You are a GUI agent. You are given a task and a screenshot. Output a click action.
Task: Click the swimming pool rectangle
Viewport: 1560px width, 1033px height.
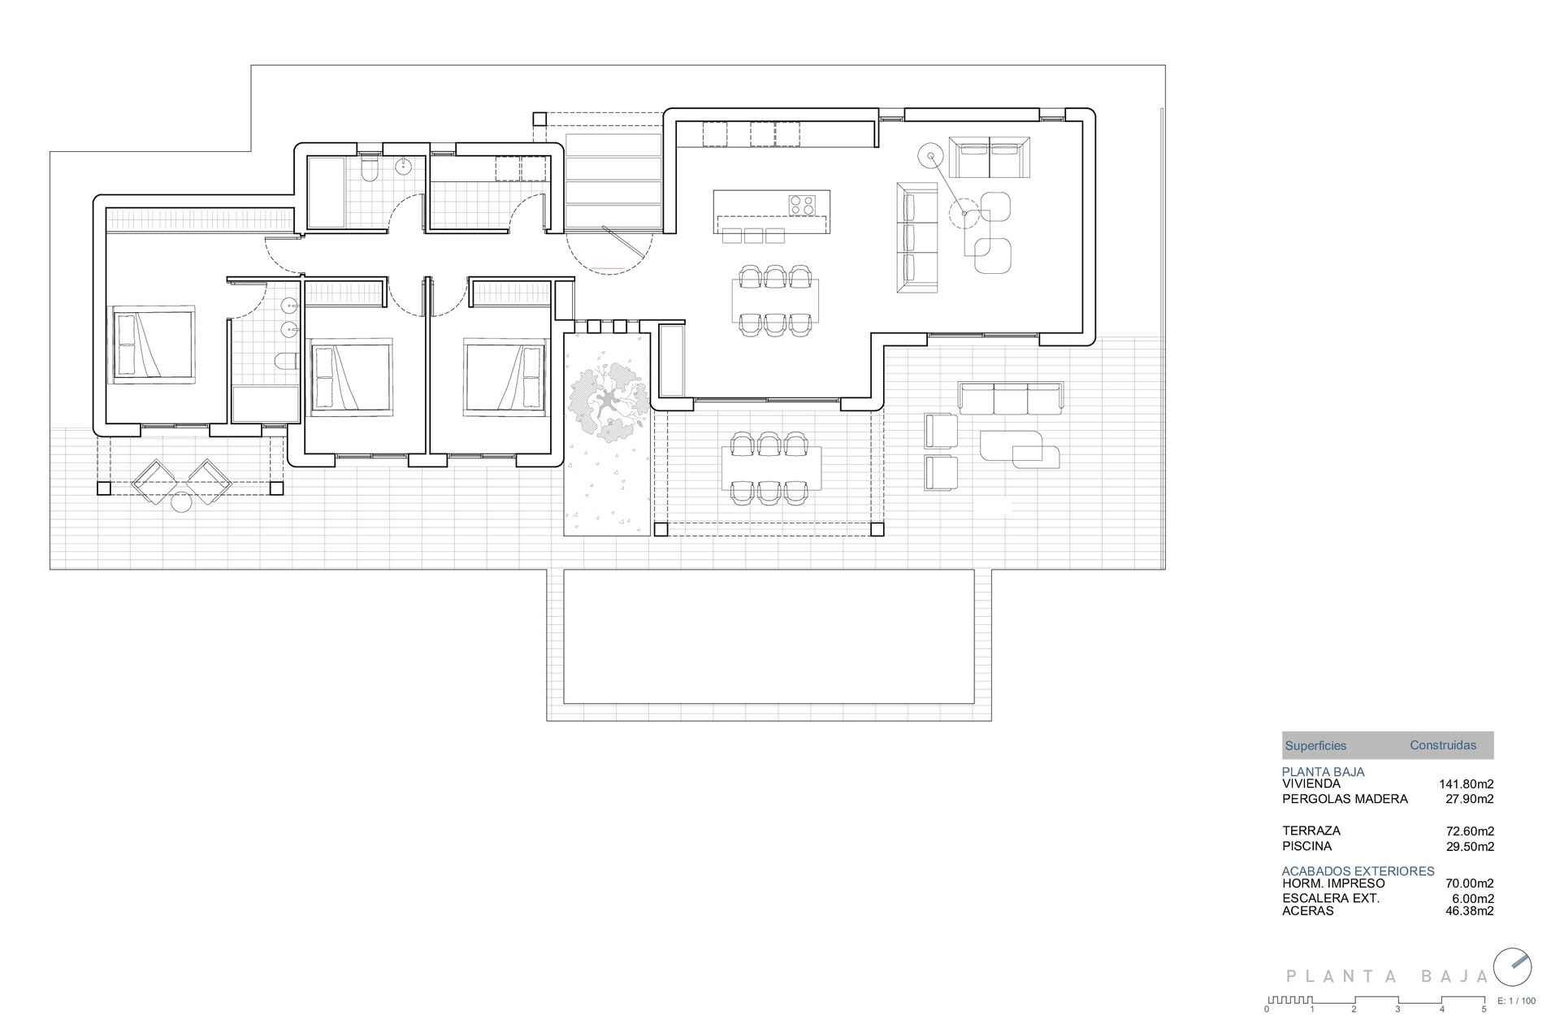click(769, 636)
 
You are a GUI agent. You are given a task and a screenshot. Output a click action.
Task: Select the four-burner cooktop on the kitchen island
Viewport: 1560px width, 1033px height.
click(803, 204)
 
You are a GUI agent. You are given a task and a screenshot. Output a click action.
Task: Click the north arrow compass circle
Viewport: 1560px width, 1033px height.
click(1513, 967)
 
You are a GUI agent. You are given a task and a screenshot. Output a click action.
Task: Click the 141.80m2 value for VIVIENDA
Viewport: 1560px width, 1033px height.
click(1466, 784)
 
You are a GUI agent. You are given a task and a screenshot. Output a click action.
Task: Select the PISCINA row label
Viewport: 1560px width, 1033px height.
click(1306, 846)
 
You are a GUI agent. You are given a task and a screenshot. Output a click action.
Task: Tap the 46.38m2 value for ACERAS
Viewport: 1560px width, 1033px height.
click(1469, 911)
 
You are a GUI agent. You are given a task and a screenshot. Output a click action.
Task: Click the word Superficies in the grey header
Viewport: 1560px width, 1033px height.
click(1315, 745)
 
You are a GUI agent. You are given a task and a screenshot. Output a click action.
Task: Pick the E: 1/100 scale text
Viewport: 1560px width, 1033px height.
click(1516, 1001)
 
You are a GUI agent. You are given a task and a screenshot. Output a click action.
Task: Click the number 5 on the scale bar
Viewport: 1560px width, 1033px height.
click(1484, 1009)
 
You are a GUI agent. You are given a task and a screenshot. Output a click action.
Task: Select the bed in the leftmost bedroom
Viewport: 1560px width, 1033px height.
click(154, 344)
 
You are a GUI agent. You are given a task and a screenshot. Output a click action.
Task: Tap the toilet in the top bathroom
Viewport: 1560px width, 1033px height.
click(370, 171)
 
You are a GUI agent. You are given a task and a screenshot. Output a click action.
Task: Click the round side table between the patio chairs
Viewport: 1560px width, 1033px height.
click(181, 503)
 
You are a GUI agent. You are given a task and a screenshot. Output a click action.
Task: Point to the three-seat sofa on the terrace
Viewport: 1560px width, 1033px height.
click(1011, 398)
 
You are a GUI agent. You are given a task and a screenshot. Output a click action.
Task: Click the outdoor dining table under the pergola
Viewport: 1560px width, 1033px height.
click(771, 468)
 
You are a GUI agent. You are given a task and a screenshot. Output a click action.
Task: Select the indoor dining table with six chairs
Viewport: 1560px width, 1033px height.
click(774, 300)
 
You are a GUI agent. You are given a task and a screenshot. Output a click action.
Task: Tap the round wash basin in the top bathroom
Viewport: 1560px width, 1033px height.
click(404, 167)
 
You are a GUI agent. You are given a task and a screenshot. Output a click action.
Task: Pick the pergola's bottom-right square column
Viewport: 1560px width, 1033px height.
click(877, 530)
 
